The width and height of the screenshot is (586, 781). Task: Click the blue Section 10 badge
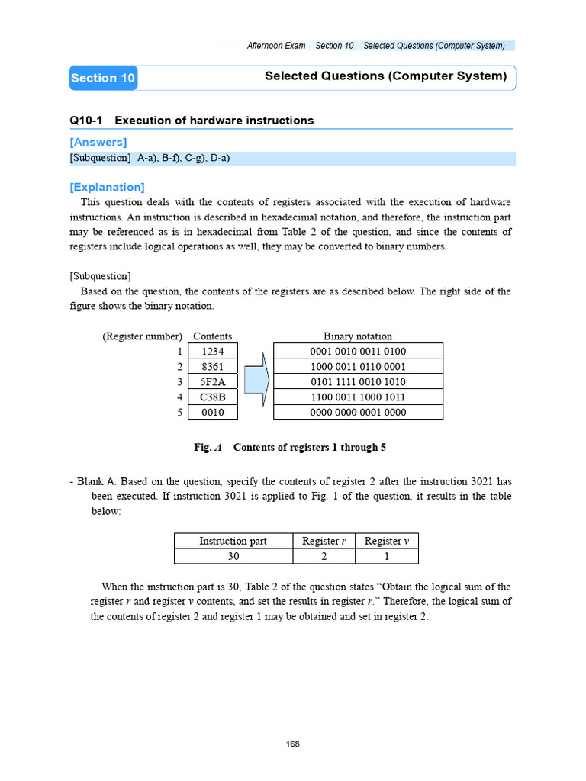(x=103, y=78)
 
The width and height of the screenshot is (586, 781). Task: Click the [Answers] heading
(x=98, y=142)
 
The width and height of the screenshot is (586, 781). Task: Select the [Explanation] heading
(x=107, y=187)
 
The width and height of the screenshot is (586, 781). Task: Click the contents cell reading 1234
(x=212, y=351)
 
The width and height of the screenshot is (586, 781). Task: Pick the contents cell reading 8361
(x=212, y=366)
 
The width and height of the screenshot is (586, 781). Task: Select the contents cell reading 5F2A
(x=212, y=381)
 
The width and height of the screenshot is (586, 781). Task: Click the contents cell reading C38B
(x=212, y=397)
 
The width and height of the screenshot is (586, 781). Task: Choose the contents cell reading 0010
(x=212, y=412)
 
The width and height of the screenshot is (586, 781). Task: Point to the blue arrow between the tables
(x=257, y=380)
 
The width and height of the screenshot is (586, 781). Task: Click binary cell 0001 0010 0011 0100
(x=358, y=351)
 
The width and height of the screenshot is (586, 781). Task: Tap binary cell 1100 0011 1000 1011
(x=358, y=397)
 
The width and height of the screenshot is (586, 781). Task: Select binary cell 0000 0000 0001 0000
(x=358, y=412)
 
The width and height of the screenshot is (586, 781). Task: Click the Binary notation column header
(x=358, y=336)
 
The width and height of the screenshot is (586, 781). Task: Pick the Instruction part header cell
(x=233, y=541)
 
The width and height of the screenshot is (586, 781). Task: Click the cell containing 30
(x=233, y=556)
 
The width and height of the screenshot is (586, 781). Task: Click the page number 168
(x=292, y=744)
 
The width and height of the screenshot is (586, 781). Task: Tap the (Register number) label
(x=142, y=336)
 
